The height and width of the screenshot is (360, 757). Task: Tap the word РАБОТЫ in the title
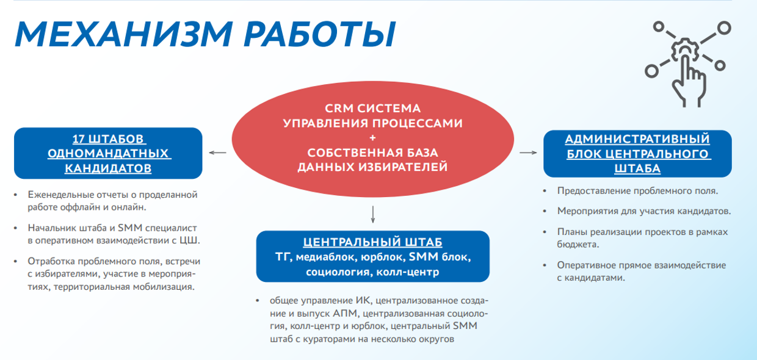click(320, 34)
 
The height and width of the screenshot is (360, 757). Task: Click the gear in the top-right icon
click(685, 50)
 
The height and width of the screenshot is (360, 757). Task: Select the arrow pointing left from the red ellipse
click(217, 153)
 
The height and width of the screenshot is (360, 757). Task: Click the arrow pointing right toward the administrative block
click(528, 153)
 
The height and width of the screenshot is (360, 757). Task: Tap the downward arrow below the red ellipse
click(373, 214)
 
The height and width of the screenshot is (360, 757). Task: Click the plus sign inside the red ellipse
click(372, 138)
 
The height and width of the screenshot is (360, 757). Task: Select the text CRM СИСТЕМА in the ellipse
click(372, 109)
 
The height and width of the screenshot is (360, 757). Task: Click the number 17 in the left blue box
click(78, 139)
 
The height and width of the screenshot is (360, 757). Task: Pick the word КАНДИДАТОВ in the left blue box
click(108, 168)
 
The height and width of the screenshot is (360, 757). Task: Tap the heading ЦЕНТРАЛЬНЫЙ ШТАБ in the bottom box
click(372, 242)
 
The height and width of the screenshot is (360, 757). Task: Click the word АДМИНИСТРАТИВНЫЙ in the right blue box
click(637, 139)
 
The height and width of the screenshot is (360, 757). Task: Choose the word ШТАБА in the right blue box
click(637, 168)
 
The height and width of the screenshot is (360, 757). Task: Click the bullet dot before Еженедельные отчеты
click(15, 195)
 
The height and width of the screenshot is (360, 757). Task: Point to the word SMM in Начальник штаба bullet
click(130, 228)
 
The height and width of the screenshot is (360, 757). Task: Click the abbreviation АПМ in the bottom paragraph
click(345, 314)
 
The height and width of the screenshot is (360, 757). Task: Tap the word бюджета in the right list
click(578, 244)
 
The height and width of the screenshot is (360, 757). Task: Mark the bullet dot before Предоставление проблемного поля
click(545, 192)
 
